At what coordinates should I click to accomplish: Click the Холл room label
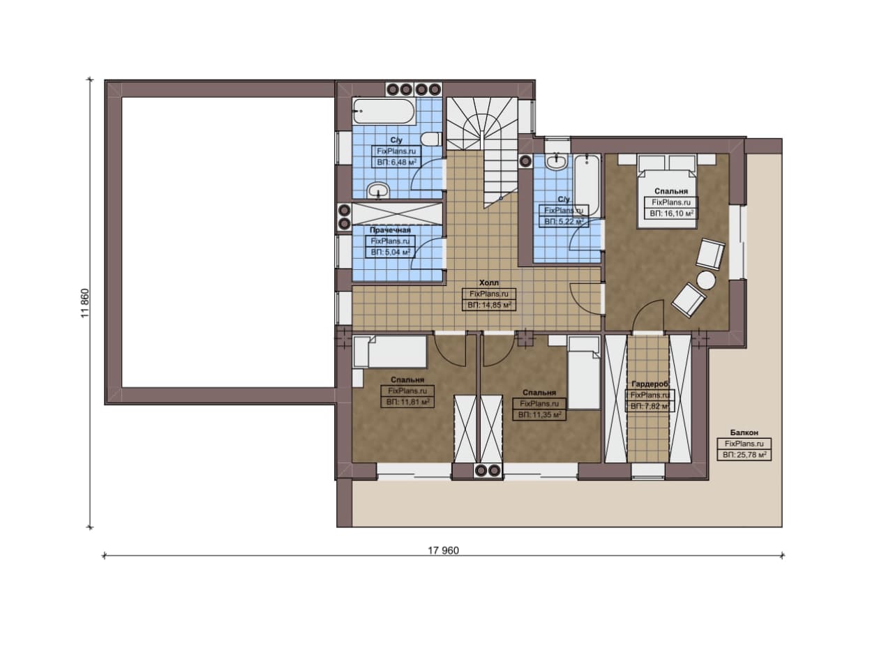coord(489,283)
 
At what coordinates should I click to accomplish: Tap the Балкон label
coord(744,432)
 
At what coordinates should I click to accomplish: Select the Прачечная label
coord(390,230)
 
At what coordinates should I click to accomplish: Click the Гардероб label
coord(650,384)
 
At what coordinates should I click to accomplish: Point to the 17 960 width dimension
coord(443,550)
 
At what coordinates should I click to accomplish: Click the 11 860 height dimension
coord(85,303)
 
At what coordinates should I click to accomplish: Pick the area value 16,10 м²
coord(671,213)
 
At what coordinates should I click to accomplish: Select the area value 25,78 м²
coord(744,455)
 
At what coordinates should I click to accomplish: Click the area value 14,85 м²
coord(489,306)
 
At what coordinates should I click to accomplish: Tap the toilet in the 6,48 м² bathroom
coord(431,139)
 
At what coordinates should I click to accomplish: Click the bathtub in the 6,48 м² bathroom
coord(384,111)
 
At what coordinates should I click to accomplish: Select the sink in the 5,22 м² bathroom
coord(557,162)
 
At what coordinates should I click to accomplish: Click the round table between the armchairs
coord(706,280)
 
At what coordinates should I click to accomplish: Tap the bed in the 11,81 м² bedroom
coord(389,352)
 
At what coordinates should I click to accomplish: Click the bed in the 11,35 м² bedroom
coord(584,372)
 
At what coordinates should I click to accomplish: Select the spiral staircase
coord(481,152)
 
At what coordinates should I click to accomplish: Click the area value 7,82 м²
coord(650,407)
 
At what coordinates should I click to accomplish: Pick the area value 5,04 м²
coord(390,253)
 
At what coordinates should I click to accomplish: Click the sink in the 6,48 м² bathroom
coord(378,190)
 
